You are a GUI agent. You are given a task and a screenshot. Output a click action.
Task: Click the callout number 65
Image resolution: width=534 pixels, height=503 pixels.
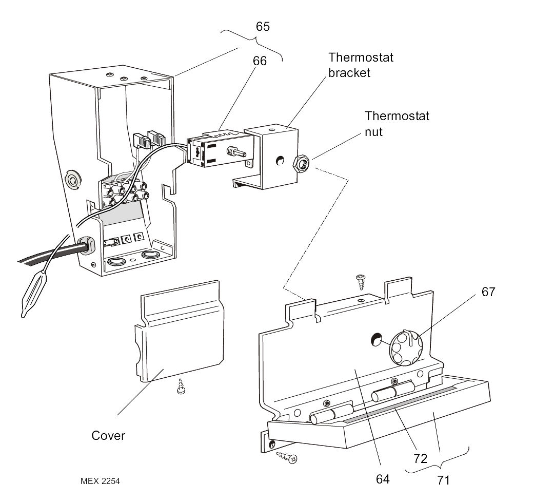pos(263,27)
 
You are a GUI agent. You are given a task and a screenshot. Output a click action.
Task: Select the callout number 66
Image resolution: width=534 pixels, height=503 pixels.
pos(260,61)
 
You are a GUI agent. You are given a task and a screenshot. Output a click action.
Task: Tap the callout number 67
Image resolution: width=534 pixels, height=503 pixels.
pos(488,292)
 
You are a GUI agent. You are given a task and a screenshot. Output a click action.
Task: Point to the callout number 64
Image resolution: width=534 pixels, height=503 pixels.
pos(382,479)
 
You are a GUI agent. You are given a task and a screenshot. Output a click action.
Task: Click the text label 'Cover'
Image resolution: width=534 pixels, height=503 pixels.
pos(108,436)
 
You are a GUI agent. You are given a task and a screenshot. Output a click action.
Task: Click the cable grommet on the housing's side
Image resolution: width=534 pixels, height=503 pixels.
pos(86,245)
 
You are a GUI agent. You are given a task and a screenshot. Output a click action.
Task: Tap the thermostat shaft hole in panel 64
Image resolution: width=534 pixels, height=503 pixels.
pos(376,338)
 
